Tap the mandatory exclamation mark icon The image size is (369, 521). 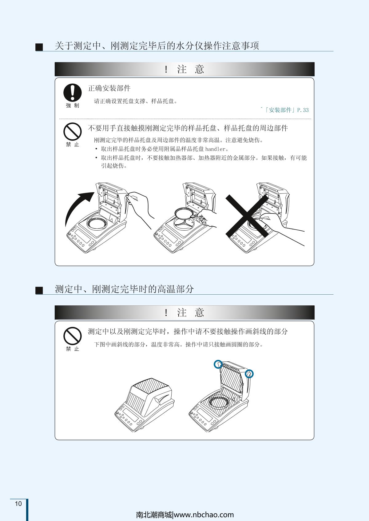click(73, 93)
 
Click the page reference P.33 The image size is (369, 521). click(303, 110)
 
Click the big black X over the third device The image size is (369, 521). click(247, 216)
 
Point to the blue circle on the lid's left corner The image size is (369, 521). click(218, 364)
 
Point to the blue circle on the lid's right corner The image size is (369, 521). click(249, 374)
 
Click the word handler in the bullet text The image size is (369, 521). click(215, 149)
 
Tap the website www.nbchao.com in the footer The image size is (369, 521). click(204, 515)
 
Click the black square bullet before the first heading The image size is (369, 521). click(39, 47)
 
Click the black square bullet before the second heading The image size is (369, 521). click(39, 290)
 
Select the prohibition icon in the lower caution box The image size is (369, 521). click(73, 336)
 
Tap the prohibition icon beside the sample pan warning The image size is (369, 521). click(73, 132)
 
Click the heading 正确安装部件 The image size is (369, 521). click(109, 88)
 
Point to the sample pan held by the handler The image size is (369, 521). click(184, 213)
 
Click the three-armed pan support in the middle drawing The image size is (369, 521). click(184, 223)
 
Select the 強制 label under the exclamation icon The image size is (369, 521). click(73, 105)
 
